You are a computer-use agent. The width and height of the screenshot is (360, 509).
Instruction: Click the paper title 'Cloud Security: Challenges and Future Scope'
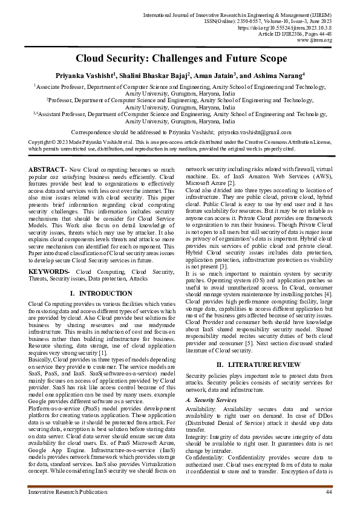tap(180, 59)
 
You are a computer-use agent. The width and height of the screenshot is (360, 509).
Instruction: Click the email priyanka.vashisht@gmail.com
tap(255, 131)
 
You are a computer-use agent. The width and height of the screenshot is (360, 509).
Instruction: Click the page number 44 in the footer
tap(329, 493)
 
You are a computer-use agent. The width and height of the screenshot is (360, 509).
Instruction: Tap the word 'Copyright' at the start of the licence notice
tap(41, 142)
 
